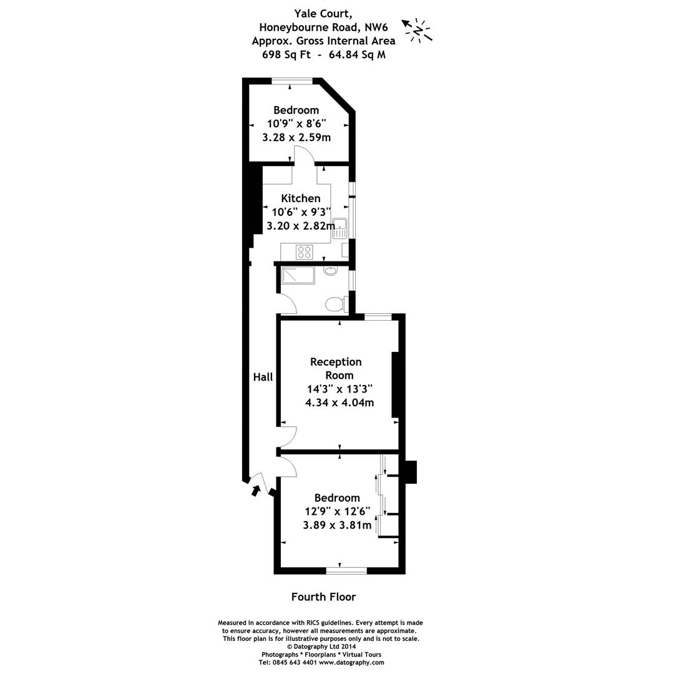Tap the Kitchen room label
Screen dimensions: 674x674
click(301, 198)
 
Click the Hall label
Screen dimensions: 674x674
click(263, 377)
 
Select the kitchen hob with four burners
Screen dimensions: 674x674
click(305, 252)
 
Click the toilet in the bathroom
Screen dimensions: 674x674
click(335, 304)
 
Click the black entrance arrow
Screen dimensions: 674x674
click(255, 491)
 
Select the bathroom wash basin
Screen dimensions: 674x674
click(331, 271)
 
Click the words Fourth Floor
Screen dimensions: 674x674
click(323, 597)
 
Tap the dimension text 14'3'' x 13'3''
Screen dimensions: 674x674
click(339, 389)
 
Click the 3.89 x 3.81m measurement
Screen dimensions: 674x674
click(337, 525)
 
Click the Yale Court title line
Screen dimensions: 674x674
click(323, 13)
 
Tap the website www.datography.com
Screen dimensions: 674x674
click(351, 663)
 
